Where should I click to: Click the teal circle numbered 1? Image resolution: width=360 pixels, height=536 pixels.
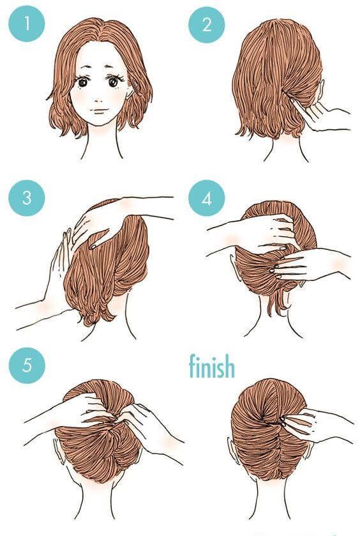[27, 24]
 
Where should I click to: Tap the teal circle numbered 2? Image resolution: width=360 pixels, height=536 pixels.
[207, 25]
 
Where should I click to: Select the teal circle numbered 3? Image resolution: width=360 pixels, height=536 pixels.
[27, 198]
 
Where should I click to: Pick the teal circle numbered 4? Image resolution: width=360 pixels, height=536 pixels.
[207, 199]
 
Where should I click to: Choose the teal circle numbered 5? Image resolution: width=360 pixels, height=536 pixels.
[27, 365]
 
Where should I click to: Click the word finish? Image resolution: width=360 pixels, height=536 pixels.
[212, 366]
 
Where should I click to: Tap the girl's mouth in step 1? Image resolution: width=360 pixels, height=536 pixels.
[99, 111]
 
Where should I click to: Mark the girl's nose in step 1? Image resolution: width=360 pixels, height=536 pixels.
[98, 100]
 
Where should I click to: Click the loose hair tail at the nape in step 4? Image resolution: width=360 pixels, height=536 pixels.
[278, 303]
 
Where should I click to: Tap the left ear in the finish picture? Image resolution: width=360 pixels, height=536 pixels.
[232, 448]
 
